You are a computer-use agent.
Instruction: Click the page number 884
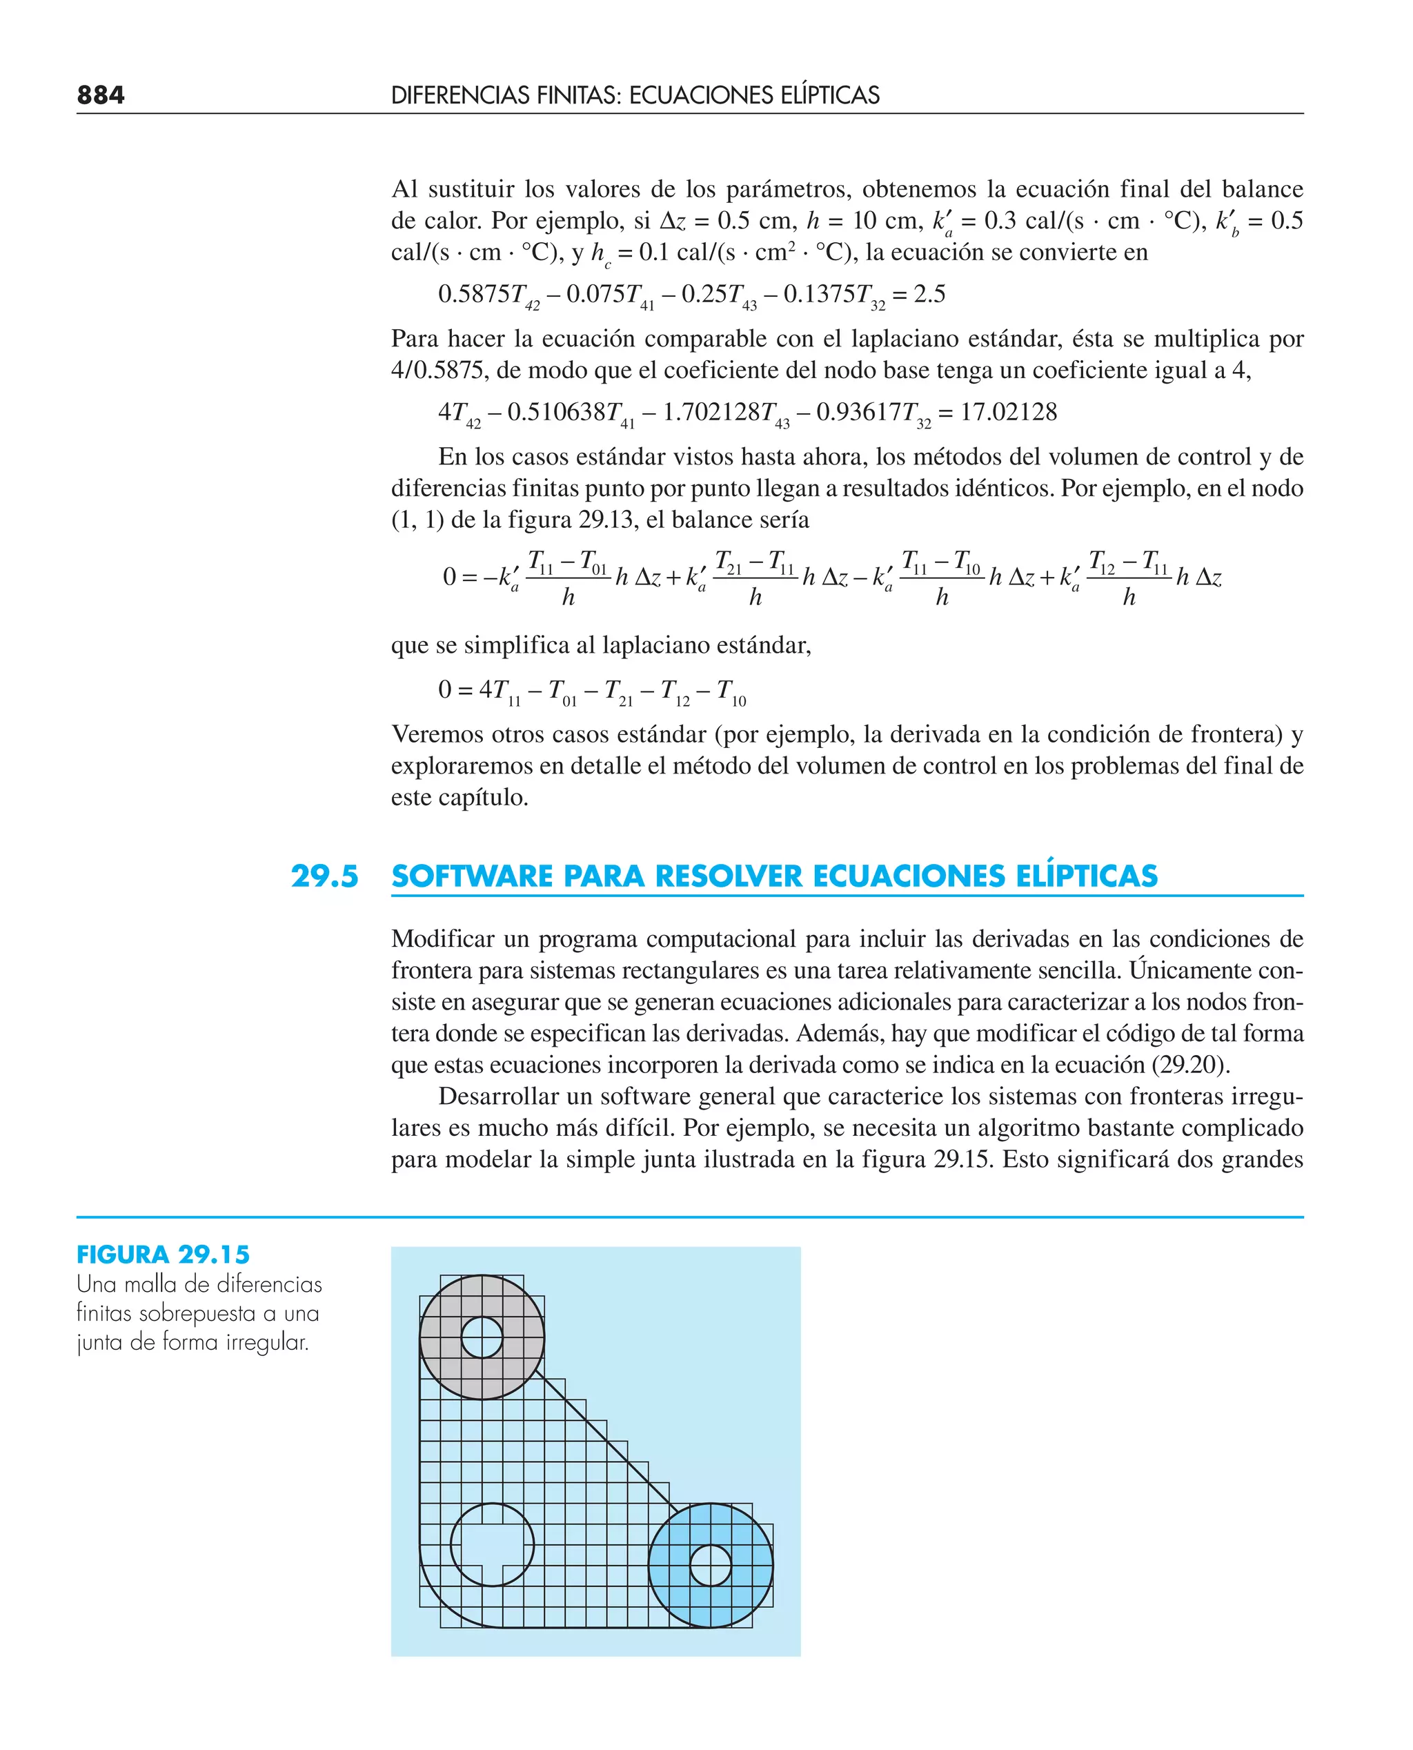101,95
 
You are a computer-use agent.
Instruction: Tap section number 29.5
325,876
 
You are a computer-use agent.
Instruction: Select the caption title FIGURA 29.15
163,1255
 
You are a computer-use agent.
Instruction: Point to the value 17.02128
1009,412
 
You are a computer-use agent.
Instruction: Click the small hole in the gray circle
482,1337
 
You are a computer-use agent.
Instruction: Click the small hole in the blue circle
711,1564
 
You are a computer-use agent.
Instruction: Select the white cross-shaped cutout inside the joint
492,1545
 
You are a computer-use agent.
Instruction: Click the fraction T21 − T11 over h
755,578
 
